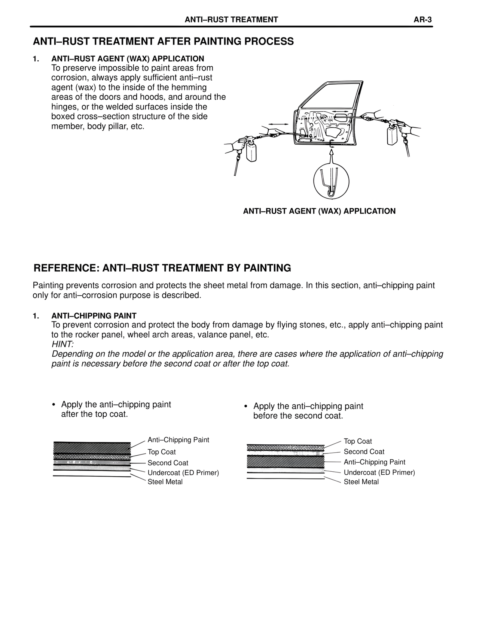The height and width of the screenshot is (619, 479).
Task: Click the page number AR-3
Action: pos(422,20)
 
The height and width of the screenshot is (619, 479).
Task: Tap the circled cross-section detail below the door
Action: pos(331,182)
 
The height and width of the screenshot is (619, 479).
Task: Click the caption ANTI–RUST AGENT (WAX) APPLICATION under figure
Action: pos(319,211)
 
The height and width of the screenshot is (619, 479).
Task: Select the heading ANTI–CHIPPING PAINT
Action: pos(94,316)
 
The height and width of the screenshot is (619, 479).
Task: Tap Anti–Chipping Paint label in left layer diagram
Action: pos(178,440)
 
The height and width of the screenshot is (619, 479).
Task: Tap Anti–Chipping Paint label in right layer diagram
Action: pos(374,462)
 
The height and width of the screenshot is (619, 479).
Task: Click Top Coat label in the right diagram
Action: pos(357,441)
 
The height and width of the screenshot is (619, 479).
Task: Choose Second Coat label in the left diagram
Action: pos(168,463)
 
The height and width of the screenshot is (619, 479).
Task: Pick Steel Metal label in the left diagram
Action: pos(165,482)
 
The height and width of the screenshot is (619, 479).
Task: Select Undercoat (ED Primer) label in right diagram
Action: pos(379,472)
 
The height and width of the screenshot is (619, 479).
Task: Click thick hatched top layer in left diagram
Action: pos(92,448)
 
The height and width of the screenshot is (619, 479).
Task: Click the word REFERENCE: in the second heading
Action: pos(66,268)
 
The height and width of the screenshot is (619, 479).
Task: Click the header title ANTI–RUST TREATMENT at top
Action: pos(231,20)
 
